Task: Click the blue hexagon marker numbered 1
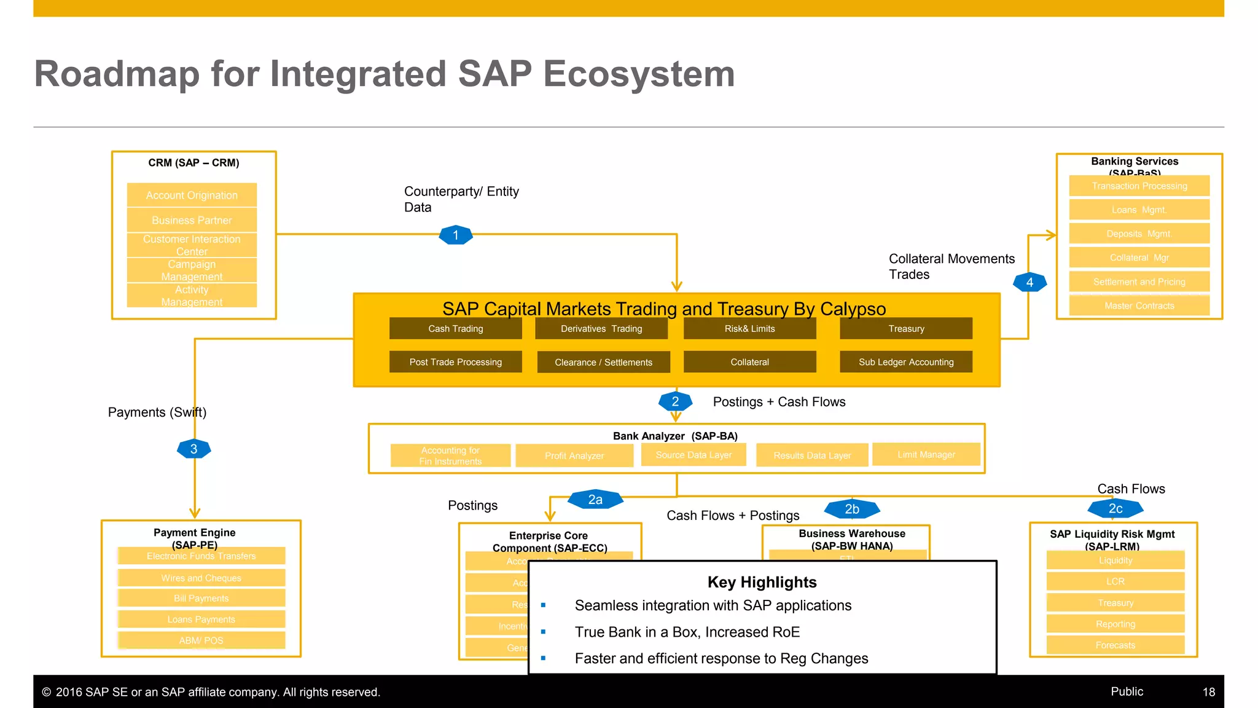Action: click(x=455, y=235)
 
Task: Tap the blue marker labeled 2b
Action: click(x=851, y=509)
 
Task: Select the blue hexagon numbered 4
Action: click(x=1029, y=282)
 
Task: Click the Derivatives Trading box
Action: click(x=601, y=329)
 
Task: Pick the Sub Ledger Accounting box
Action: click(x=905, y=362)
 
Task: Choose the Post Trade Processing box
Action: click(x=455, y=362)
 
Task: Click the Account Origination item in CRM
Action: click(x=192, y=195)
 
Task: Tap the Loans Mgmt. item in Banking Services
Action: click(x=1139, y=210)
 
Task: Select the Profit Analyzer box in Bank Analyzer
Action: click(x=574, y=455)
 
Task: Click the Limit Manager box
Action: click(x=926, y=454)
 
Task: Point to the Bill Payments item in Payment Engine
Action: click(x=201, y=598)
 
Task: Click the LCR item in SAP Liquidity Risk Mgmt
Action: click(x=1115, y=581)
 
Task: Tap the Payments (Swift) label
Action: click(x=157, y=412)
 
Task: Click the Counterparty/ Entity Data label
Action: click(x=461, y=199)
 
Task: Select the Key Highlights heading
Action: click(x=762, y=582)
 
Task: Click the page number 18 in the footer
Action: click(x=1208, y=692)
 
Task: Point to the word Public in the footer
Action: click(x=1127, y=691)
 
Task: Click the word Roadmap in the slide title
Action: click(x=117, y=74)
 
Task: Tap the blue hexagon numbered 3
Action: click(x=193, y=449)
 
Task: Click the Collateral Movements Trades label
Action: click(x=951, y=266)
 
